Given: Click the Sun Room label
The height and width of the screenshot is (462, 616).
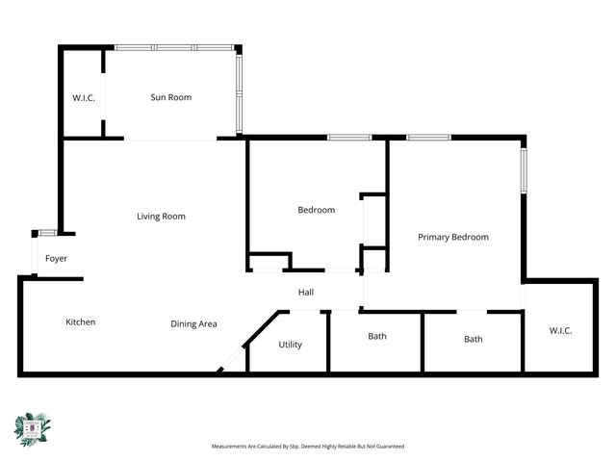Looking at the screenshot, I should [171, 97].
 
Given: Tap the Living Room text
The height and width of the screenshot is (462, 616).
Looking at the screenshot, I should [161, 217].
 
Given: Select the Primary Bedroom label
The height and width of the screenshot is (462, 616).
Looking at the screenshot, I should [452, 237].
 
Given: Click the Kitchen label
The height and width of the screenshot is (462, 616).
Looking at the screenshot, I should [81, 322].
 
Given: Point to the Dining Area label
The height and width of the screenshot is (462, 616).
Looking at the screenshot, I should [193, 324].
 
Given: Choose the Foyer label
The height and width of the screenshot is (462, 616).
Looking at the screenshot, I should [56, 259].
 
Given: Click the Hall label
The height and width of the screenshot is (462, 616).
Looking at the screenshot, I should [306, 293].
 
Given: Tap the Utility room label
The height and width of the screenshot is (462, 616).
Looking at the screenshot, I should [290, 345].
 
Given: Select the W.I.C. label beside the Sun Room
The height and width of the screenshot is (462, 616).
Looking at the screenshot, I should [84, 98].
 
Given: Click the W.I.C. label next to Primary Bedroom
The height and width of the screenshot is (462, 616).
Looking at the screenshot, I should [560, 331].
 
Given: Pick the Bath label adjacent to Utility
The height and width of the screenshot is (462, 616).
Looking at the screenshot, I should [377, 337].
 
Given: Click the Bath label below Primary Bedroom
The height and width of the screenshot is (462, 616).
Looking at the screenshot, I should [474, 339].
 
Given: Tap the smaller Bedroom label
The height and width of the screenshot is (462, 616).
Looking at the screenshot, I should [316, 210].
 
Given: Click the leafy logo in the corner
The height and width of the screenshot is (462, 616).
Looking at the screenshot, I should [33, 428].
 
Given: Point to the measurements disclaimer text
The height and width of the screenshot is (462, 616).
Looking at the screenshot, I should [308, 447].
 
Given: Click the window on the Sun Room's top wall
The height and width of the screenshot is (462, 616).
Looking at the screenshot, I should [173, 47].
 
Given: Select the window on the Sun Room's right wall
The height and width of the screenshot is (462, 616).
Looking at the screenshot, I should [240, 91].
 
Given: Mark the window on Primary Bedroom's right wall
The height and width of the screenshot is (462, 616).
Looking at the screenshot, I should [525, 168].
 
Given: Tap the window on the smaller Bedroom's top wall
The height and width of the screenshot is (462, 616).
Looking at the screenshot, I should [349, 138].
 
